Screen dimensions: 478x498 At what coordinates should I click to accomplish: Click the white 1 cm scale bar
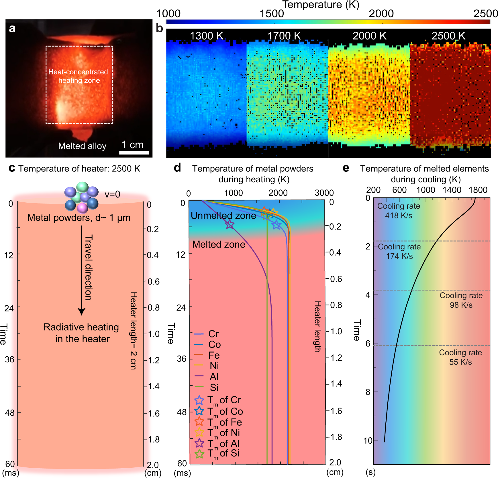134,153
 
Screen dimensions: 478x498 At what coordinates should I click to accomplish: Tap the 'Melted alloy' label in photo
82,146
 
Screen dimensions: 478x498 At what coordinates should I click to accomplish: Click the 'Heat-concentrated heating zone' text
78,76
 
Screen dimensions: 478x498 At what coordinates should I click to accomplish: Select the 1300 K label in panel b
206,36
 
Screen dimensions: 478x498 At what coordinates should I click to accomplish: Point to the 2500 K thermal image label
448,36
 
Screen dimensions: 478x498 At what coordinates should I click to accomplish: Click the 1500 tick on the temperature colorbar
271,13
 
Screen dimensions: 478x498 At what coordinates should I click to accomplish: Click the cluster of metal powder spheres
82,197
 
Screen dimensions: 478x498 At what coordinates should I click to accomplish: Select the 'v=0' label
112,194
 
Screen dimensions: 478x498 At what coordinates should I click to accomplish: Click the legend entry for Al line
207,376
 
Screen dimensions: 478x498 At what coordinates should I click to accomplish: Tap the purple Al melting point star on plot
230,225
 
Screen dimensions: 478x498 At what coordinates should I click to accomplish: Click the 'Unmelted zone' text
223,216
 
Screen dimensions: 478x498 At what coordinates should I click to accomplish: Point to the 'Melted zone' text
219,244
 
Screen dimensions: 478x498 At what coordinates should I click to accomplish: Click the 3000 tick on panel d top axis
324,193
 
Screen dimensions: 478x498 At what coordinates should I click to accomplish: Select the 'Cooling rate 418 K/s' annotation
399,211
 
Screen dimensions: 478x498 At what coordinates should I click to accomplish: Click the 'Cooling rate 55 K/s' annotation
460,357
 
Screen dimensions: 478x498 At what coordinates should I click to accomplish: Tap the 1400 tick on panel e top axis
452,190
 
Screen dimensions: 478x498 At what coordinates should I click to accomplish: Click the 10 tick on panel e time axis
368,441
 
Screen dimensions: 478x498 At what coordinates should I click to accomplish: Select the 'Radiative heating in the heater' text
81,333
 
